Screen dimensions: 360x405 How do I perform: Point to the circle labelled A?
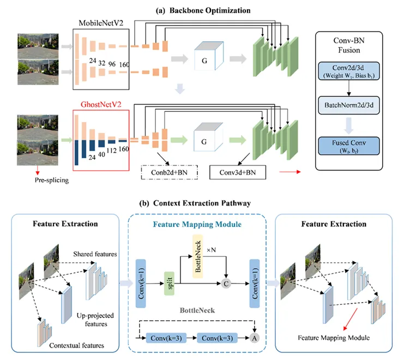point(254,338)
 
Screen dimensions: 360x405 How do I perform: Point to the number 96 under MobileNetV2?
point(113,63)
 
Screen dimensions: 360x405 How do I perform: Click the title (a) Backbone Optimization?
point(203,10)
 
